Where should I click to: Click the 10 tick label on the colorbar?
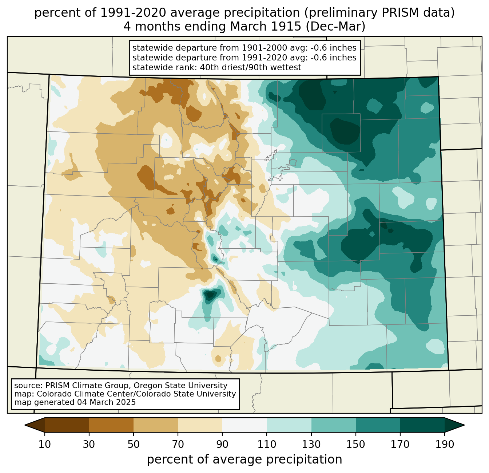pyautogui.click(x=44, y=445)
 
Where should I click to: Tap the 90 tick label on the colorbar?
pyautogui.click(x=222, y=445)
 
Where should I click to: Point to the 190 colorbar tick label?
pyautogui.click(x=445, y=445)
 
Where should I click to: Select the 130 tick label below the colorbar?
pyautogui.click(x=311, y=445)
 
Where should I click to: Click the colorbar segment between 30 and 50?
pyautogui.click(x=111, y=425)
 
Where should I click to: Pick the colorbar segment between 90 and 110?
pyautogui.click(x=244, y=425)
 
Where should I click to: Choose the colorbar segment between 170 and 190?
pyautogui.click(x=422, y=425)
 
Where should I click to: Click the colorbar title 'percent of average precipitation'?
pyautogui.click(x=244, y=460)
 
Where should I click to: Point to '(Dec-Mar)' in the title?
pyautogui.click(x=335, y=27)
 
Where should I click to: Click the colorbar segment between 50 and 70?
pyautogui.click(x=156, y=425)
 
